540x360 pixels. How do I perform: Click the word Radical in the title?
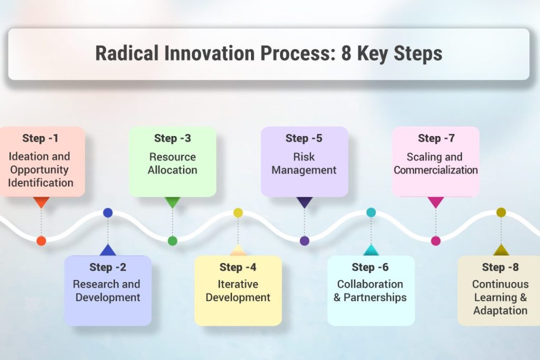pos(127,53)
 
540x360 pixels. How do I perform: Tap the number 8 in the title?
pos(346,53)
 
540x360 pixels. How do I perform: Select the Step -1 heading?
pos(40,138)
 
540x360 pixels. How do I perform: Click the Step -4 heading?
pos(238,267)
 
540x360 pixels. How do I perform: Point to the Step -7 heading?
pos(436,138)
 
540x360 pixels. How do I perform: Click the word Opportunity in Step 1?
pos(39,170)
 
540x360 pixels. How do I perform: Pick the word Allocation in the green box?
pos(172,170)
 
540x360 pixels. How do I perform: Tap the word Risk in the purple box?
pos(304,157)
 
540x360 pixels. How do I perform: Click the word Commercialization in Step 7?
pos(436,170)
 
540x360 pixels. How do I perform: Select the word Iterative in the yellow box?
pos(238,284)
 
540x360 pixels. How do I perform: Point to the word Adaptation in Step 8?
pos(500,310)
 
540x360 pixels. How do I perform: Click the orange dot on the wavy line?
pos(41,240)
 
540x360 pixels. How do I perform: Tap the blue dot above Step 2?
pos(108,213)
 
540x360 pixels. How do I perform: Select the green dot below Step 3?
pos(172,240)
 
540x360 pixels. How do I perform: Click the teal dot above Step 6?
pos(371,212)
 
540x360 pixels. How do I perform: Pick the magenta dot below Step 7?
pos(436,240)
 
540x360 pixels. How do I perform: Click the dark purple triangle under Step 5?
pos(304,202)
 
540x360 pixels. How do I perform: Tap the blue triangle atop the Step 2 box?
pos(108,251)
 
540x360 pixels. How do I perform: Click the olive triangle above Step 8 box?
pos(501,251)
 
